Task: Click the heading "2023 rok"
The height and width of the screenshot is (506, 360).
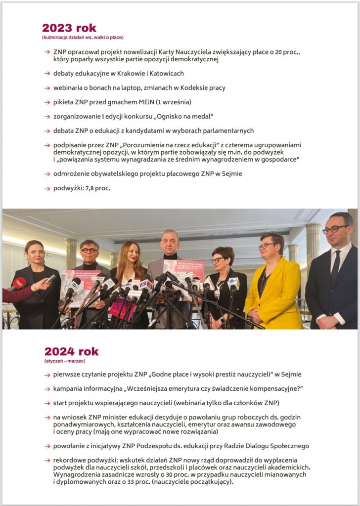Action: pos(69,28)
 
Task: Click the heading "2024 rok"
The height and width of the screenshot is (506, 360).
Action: pos(71,352)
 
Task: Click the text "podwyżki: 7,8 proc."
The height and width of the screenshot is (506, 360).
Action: pos(82,188)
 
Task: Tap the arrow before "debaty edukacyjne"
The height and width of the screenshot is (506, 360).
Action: pos(46,74)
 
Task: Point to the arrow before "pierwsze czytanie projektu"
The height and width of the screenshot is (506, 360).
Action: pos(46,375)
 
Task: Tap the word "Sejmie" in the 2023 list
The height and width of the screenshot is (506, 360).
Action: pos(230,174)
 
